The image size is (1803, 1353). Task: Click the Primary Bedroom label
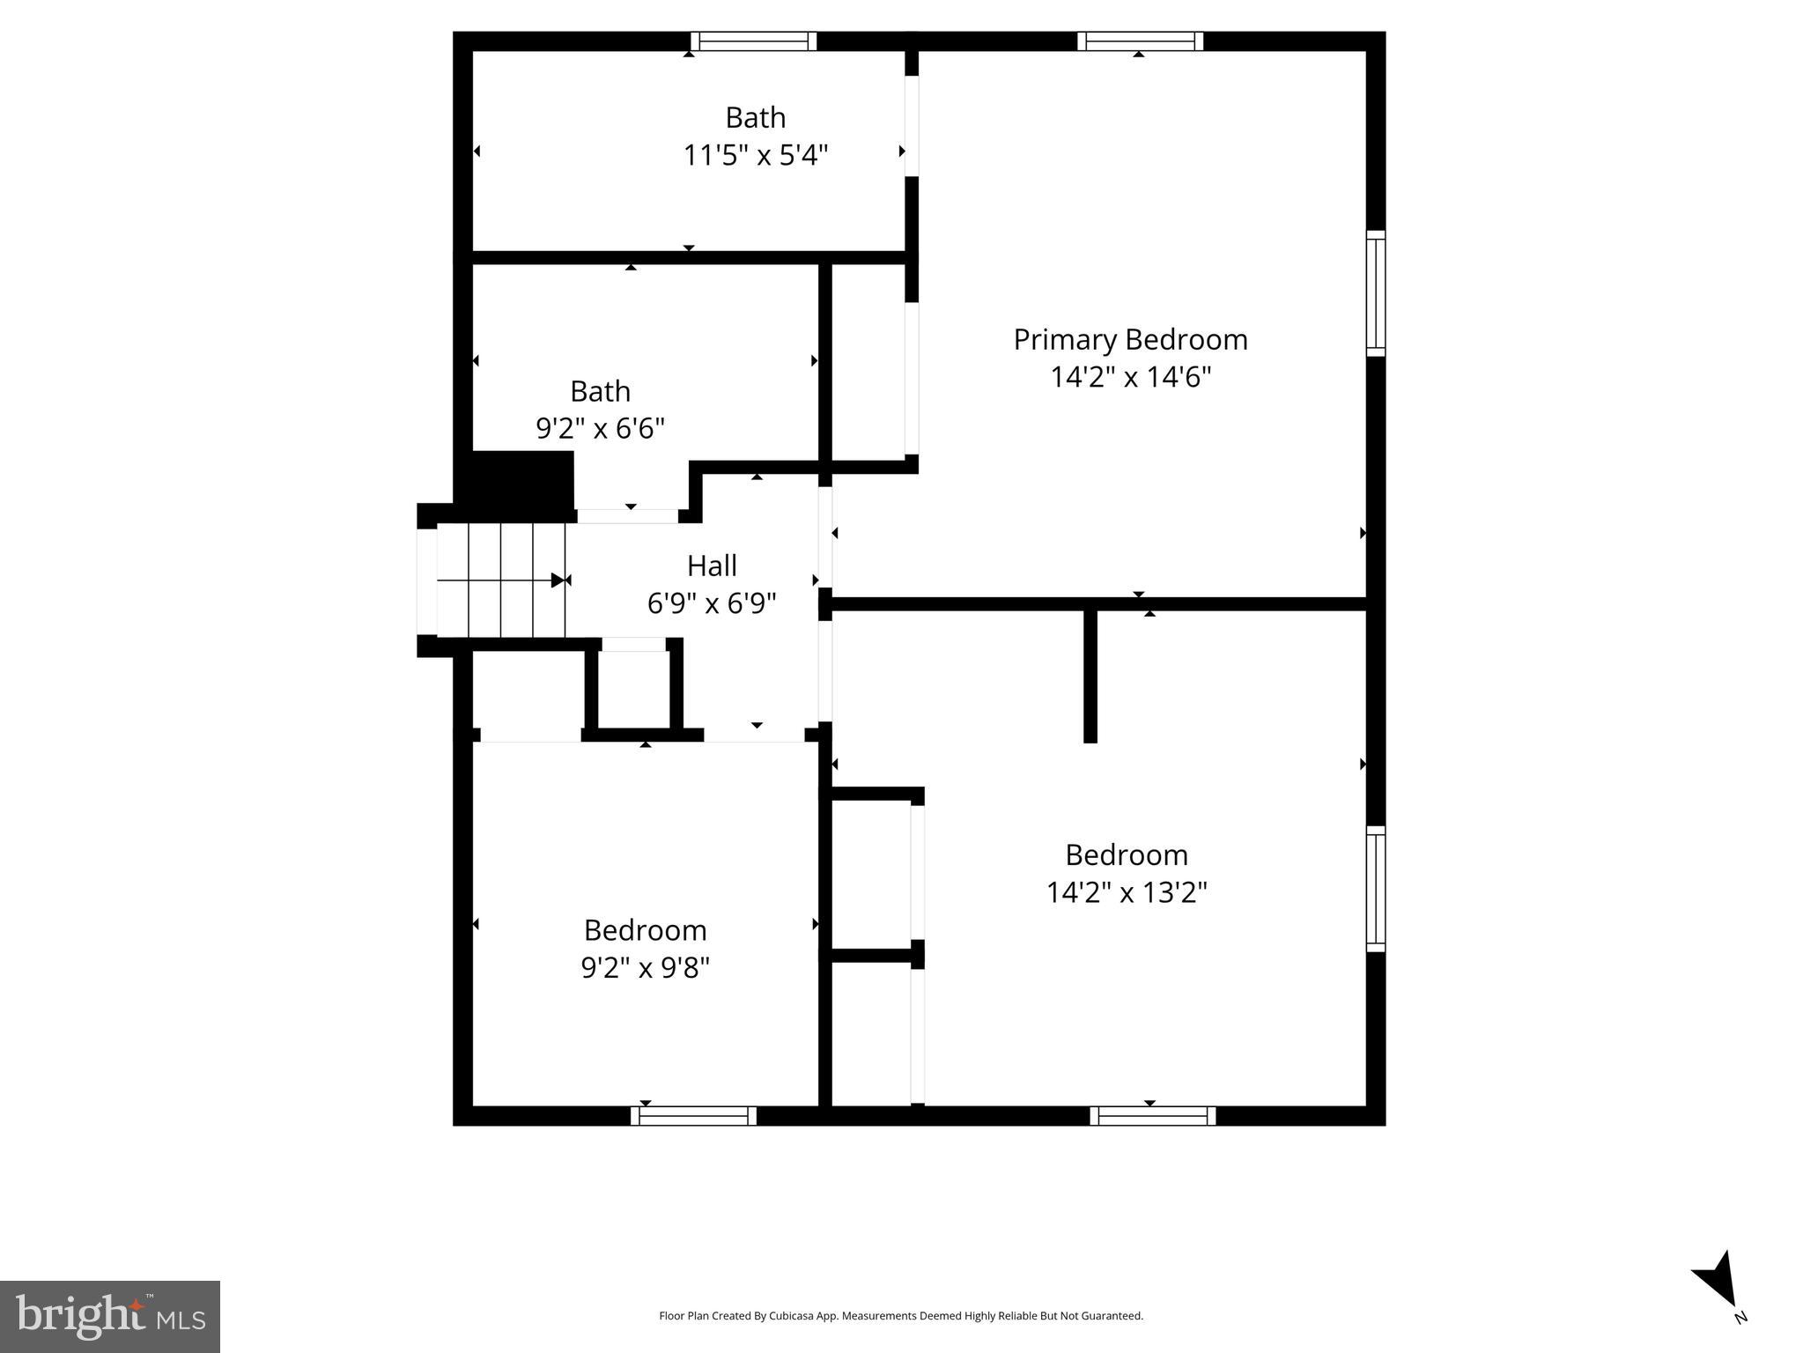[1130, 339]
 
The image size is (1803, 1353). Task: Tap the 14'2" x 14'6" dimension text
[1130, 377]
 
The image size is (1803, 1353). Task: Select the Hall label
[712, 566]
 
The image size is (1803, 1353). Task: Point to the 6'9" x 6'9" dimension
[712, 603]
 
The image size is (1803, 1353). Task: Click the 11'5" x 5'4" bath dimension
[756, 156]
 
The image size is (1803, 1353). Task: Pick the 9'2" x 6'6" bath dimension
[600, 428]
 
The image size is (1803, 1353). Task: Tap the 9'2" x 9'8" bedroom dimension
[645, 968]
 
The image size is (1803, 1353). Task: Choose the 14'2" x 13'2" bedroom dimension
[1127, 892]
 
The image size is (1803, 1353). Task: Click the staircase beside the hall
[500, 580]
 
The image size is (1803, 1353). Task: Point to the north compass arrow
[1718, 1281]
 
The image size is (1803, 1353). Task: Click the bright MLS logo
[110, 1316]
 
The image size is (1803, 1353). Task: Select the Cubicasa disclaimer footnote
[901, 1316]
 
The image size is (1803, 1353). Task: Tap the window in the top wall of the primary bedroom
[1140, 41]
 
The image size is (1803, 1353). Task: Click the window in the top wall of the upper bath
[753, 41]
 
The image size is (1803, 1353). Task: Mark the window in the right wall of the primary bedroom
[1375, 293]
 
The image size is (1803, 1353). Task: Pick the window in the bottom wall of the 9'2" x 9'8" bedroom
[693, 1116]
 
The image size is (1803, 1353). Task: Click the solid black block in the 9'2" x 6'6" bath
[520, 481]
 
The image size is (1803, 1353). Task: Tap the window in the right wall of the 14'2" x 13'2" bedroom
[1375, 889]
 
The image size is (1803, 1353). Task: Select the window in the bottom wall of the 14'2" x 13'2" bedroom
[1152, 1116]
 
